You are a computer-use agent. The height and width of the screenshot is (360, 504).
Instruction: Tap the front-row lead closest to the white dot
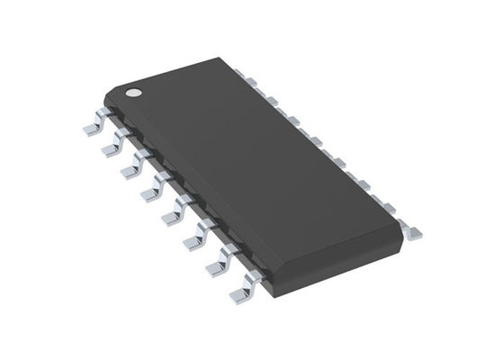coord(90,127)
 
